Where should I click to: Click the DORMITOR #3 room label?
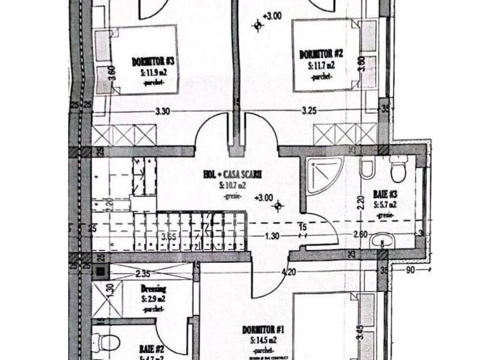(x=152, y=61)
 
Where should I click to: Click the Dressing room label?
(x=152, y=290)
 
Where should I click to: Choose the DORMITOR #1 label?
(x=267, y=329)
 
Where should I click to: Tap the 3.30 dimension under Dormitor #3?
(x=162, y=112)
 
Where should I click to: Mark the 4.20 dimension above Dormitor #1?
(x=289, y=272)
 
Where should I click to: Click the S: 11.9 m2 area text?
(x=152, y=72)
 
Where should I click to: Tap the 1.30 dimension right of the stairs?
(x=272, y=236)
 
